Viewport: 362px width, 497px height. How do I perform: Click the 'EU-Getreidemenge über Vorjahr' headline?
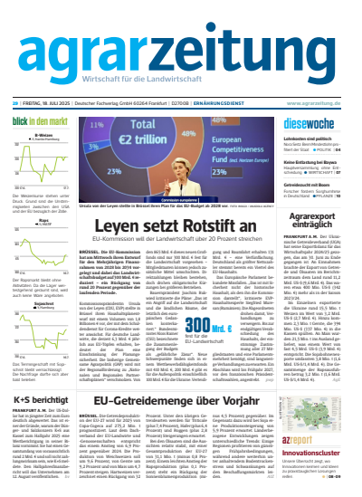pos(185,399)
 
